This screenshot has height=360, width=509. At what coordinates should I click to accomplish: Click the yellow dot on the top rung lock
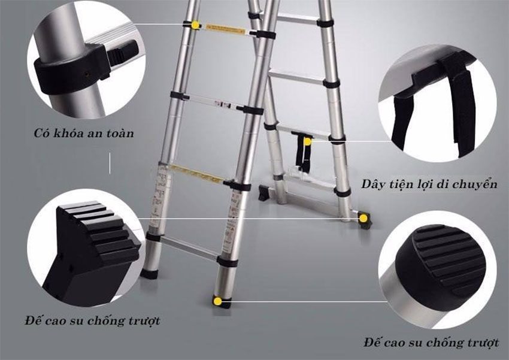196,25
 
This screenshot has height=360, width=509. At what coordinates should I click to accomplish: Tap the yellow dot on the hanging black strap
307,141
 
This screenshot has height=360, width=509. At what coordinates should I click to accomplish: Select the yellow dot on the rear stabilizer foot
363,219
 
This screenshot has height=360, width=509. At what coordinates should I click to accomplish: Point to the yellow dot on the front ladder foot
218,301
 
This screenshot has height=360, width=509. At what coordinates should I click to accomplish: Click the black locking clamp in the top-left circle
71,71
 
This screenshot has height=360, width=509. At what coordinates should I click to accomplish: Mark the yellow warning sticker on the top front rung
225,29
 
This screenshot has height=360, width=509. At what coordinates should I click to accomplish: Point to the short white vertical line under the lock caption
110,163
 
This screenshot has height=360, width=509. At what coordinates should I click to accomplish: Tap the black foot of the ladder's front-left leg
149,274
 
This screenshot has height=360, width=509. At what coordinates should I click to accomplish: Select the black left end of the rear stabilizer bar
265,192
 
